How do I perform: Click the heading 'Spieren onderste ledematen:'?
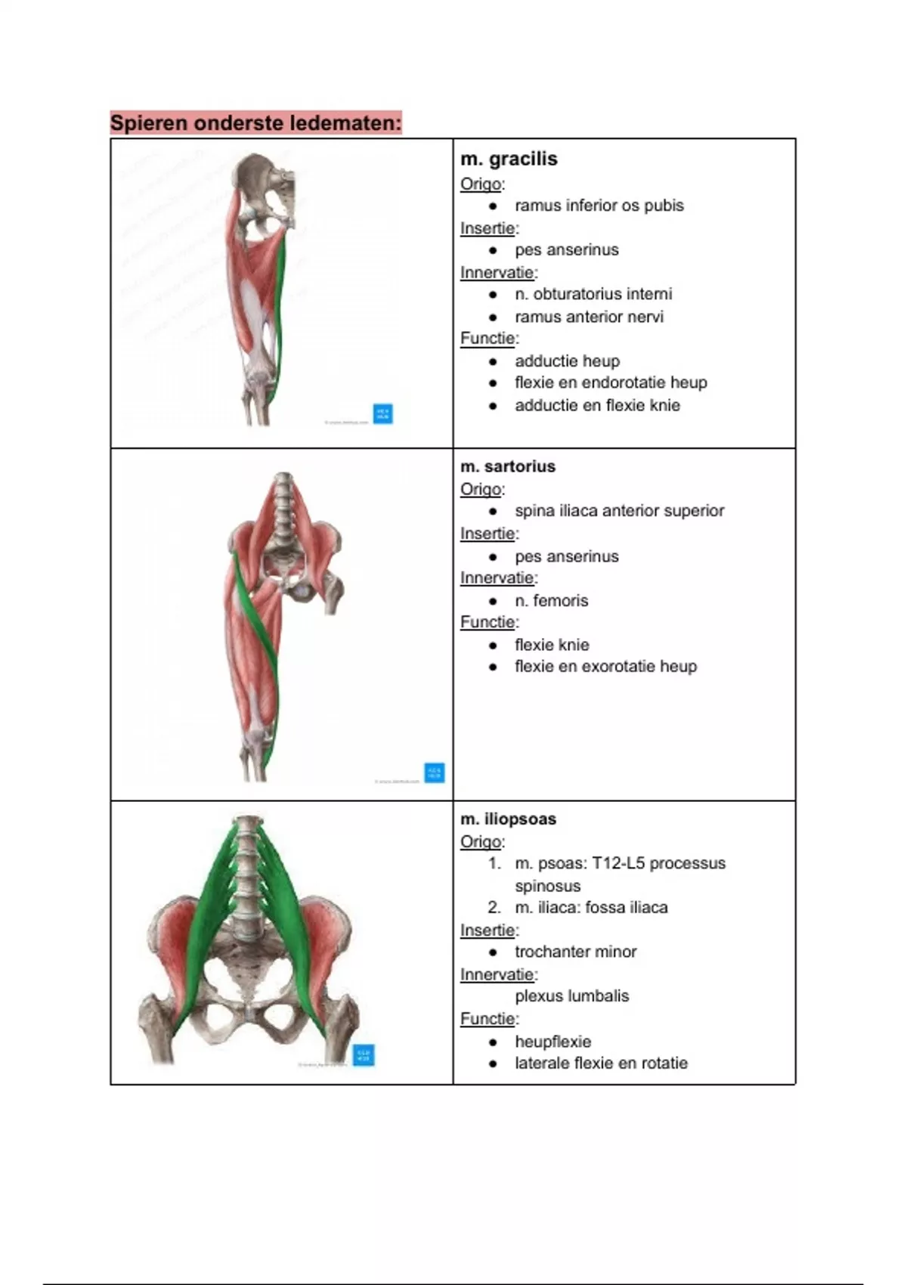tap(255, 122)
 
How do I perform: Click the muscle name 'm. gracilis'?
tap(509, 159)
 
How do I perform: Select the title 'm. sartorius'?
tap(508, 466)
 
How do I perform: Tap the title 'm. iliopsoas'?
tap(508, 819)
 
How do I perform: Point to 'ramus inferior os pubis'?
tap(599, 206)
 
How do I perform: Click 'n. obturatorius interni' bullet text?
tap(593, 294)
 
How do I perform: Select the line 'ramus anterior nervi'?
tap(589, 317)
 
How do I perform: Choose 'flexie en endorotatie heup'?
tap(611, 382)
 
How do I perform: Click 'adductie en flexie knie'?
tap(597, 405)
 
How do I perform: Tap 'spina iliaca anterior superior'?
tap(619, 511)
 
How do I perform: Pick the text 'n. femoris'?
tap(551, 601)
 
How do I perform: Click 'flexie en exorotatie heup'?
tap(605, 667)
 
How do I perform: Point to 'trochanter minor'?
tap(575, 952)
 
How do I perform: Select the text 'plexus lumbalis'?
tap(571, 996)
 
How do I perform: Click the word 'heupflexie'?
tap(553, 1042)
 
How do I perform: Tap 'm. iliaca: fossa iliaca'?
tap(591, 908)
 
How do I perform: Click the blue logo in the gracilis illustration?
tap(383, 413)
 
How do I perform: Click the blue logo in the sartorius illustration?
tap(435, 773)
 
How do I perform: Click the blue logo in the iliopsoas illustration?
tap(364, 1054)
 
